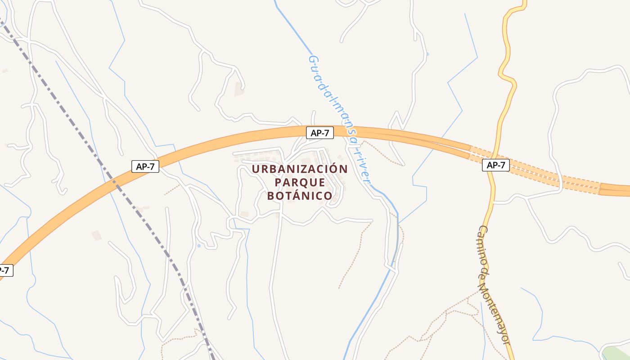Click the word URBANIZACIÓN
(300, 169)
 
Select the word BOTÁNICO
(300, 196)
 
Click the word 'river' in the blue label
(363, 166)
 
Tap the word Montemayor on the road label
(496, 310)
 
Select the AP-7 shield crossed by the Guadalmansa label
(320, 133)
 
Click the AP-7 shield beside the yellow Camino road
(496, 165)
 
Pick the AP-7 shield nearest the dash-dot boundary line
(145, 166)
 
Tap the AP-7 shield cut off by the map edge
(4, 270)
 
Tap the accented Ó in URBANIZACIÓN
(334, 169)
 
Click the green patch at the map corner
(619, 353)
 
